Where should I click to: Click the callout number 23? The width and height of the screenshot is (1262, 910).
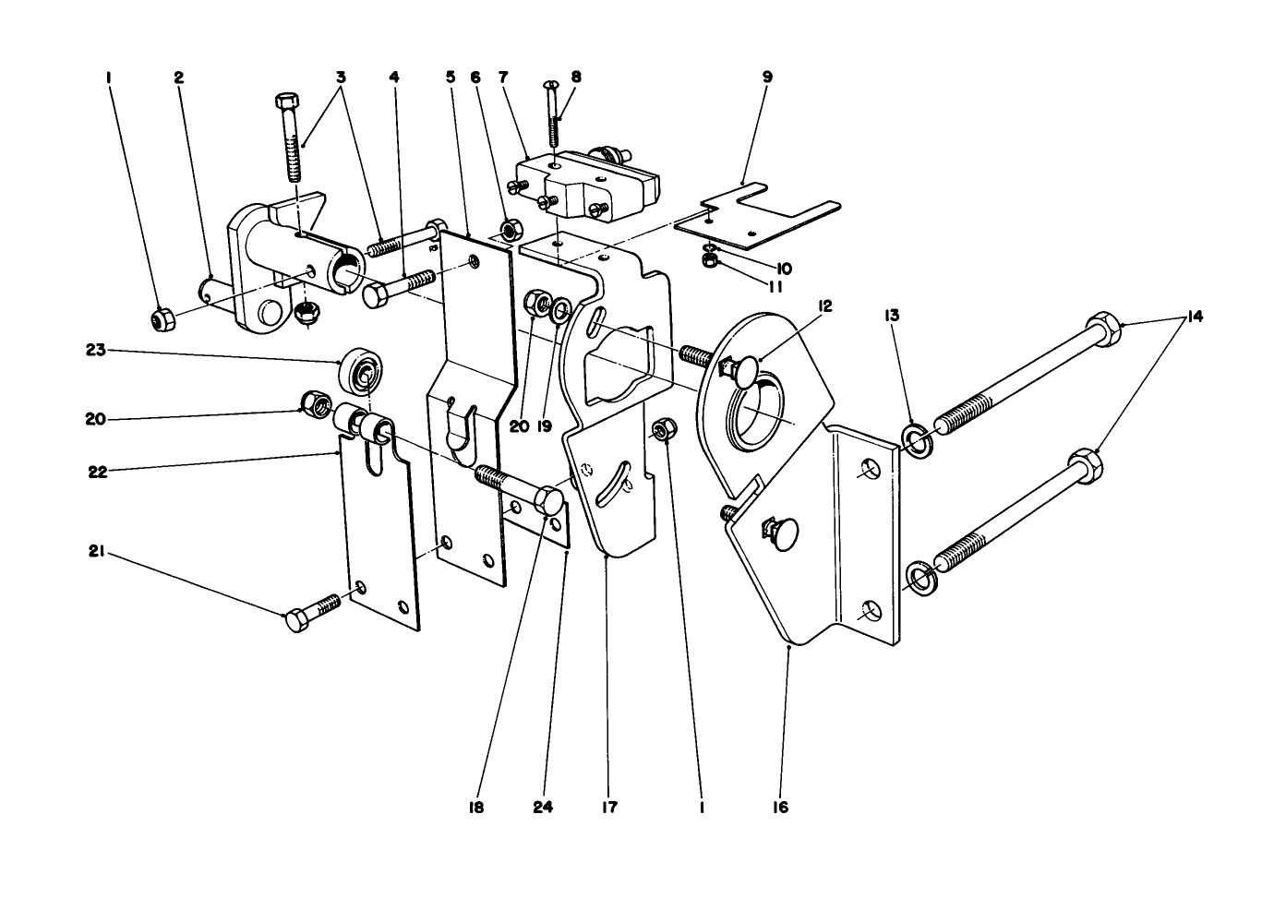pos(95,350)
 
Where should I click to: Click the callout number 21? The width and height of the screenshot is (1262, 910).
pos(95,554)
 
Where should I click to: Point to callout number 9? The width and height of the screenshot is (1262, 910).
pos(766,78)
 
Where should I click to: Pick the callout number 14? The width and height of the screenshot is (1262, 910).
pos(1195,317)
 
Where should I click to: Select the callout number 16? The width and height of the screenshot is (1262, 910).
pos(781,808)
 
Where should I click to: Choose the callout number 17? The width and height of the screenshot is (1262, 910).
pos(607,808)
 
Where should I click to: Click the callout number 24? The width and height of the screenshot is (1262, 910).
pos(543,808)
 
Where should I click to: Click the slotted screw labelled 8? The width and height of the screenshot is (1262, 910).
pos(554,115)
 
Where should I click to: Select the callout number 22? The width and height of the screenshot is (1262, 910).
pos(95,471)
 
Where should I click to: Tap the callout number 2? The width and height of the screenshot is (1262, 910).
pos(178,78)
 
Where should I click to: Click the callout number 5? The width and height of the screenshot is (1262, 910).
pos(451,78)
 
